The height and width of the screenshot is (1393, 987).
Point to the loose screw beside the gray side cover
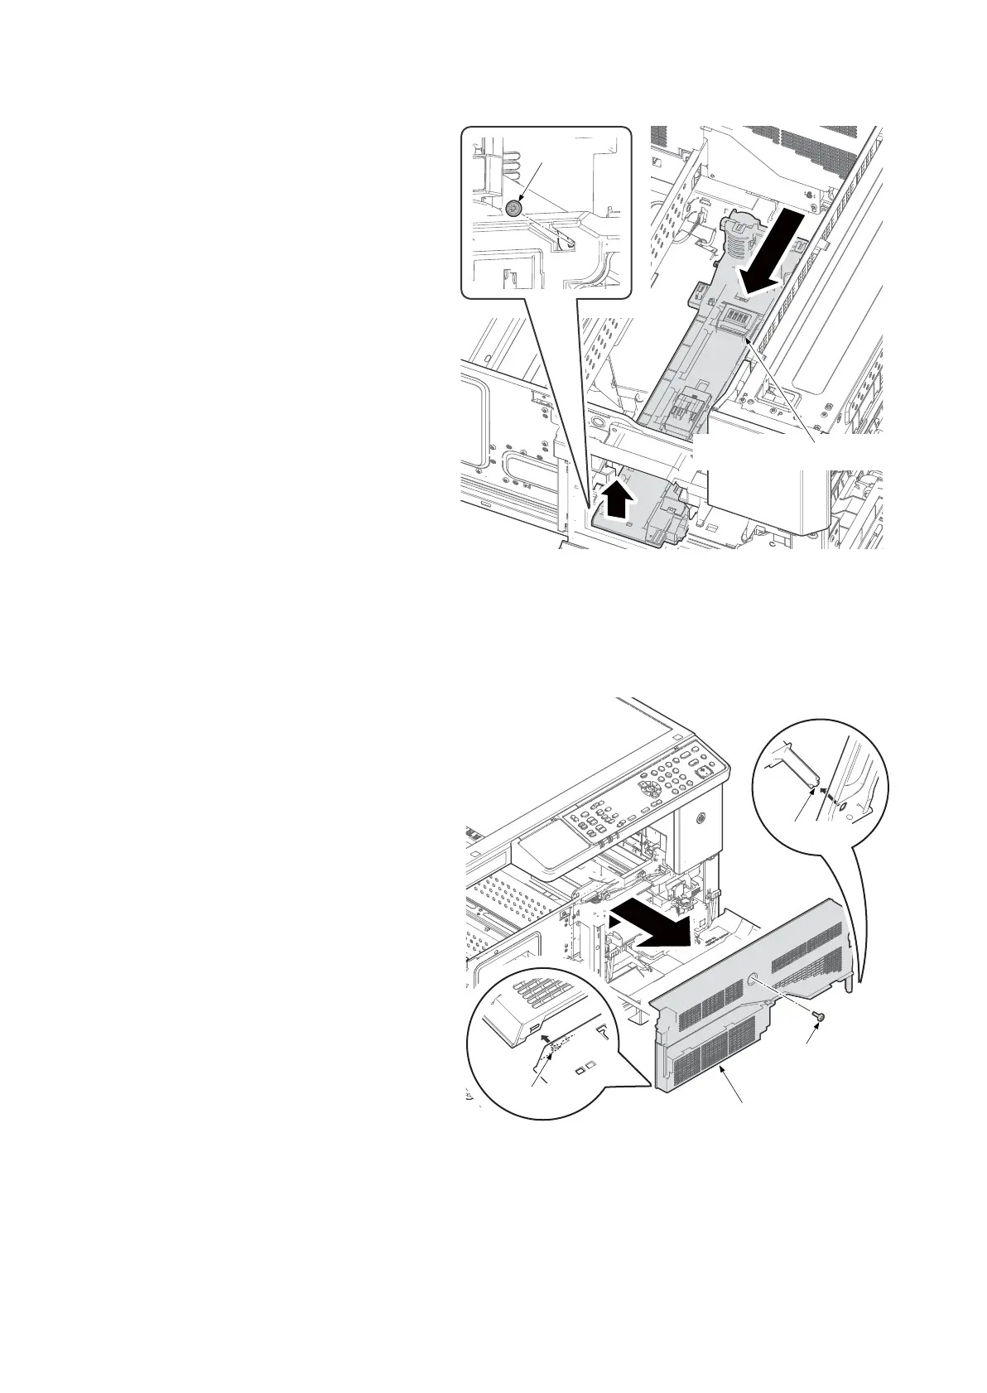click(818, 1015)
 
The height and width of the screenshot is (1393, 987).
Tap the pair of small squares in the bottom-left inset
click(585, 1067)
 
